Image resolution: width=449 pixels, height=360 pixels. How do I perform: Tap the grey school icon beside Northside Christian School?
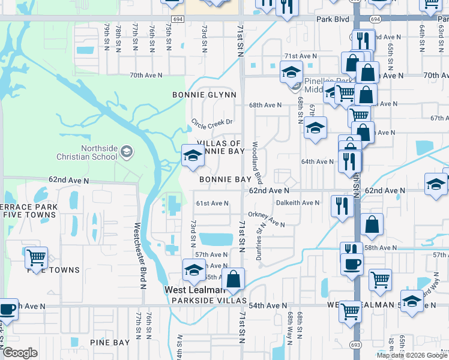pos(126,151)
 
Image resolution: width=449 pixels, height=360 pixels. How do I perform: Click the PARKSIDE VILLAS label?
pos(209,300)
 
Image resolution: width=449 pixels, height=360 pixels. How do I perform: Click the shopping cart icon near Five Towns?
pos(36,257)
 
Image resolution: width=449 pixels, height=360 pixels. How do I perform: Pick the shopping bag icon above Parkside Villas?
pos(233,278)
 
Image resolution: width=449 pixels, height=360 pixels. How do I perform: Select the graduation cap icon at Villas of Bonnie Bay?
pos(193,155)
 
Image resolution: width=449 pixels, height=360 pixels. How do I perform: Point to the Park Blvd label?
pos(333,19)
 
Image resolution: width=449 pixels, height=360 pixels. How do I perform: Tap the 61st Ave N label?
pos(212,203)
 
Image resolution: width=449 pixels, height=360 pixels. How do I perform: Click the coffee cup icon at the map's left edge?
pos(7,309)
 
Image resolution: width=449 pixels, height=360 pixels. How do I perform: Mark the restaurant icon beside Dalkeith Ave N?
pos(340,205)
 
